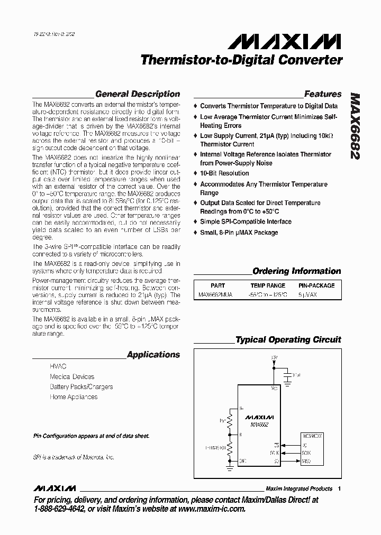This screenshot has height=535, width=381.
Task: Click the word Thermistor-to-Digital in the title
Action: [x=201, y=60]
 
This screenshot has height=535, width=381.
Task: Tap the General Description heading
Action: [x=137, y=94]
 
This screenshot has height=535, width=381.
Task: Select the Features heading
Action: [x=323, y=94]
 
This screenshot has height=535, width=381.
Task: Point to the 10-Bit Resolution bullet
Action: [x=224, y=173]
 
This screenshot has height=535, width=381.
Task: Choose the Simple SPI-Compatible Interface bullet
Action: [x=246, y=222]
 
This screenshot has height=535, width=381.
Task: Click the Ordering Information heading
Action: [x=296, y=271]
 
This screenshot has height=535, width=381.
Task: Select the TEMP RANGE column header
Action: [x=267, y=285]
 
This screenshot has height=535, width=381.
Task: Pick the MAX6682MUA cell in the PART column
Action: [x=215, y=295]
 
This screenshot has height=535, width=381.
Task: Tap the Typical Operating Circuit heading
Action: [x=288, y=340]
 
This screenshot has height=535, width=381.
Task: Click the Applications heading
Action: [x=153, y=355]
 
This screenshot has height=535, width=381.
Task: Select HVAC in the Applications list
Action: [x=58, y=366]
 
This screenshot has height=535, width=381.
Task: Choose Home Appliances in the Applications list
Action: [x=74, y=397]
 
